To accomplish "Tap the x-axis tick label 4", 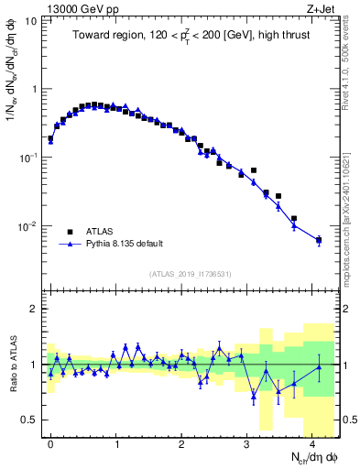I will tap(312, 442).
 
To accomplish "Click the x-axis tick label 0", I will tap(50, 442).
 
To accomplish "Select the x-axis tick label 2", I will tap(181, 442).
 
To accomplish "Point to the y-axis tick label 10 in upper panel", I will tap(31, 20).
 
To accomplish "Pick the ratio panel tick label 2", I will tap(38, 309).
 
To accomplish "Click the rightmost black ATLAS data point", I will tap(319, 241).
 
